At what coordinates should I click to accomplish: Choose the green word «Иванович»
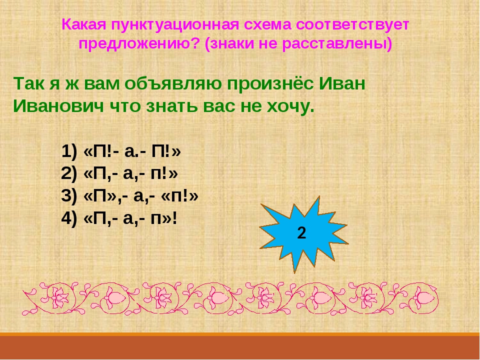coord(55,106)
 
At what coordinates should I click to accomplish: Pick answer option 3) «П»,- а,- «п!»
coord(130,196)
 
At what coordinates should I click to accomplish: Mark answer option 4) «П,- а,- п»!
coord(119,218)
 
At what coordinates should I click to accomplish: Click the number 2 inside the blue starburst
coord(301,233)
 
